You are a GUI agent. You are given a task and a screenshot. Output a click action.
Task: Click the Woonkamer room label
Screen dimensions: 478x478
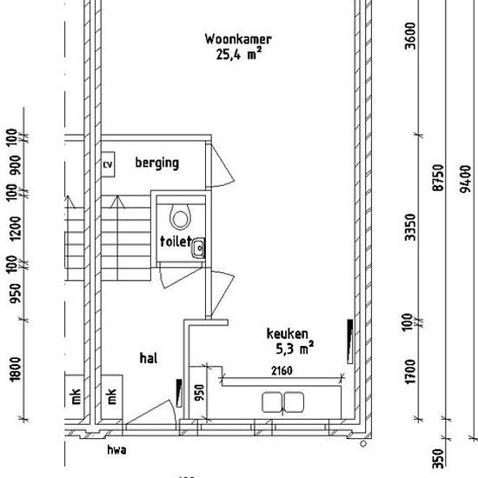(238, 39)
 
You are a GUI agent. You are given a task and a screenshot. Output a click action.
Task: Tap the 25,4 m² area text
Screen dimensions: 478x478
(239, 54)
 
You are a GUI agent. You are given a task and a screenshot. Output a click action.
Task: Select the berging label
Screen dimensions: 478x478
(157, 163)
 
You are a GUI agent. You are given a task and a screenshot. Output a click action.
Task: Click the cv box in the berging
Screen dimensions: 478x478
(108, 164)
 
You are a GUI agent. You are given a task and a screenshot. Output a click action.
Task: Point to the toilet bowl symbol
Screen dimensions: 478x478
(180, 216)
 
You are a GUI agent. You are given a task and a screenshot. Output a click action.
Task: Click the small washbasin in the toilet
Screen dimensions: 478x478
(198, 249)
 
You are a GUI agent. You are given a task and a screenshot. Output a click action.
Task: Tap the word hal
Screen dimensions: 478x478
(149, 358)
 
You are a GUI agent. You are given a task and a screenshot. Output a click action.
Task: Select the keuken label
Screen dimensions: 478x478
(288, 334)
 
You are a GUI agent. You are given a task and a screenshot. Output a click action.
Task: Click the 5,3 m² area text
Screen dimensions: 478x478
(295, 348)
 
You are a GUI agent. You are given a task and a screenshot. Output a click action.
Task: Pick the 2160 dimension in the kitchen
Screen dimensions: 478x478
(282, 371)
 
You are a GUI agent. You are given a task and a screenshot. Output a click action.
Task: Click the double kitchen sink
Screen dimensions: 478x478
(283, 402)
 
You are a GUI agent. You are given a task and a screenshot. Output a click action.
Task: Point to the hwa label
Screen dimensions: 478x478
(116, 450)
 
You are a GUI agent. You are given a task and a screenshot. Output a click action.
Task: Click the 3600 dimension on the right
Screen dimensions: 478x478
(410, 36)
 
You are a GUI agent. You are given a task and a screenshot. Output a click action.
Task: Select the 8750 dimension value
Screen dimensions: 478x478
(438, 177)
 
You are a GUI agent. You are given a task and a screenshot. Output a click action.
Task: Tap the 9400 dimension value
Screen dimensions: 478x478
(465, 179)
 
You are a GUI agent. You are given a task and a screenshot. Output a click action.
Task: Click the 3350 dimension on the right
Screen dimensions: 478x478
(410, 227)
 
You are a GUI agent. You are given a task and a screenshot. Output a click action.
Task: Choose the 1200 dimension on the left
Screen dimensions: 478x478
(16, 229)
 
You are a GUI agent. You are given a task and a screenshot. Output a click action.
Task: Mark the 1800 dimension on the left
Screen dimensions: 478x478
(16, 369)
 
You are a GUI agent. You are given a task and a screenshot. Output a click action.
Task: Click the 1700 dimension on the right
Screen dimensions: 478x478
(410, 372)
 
